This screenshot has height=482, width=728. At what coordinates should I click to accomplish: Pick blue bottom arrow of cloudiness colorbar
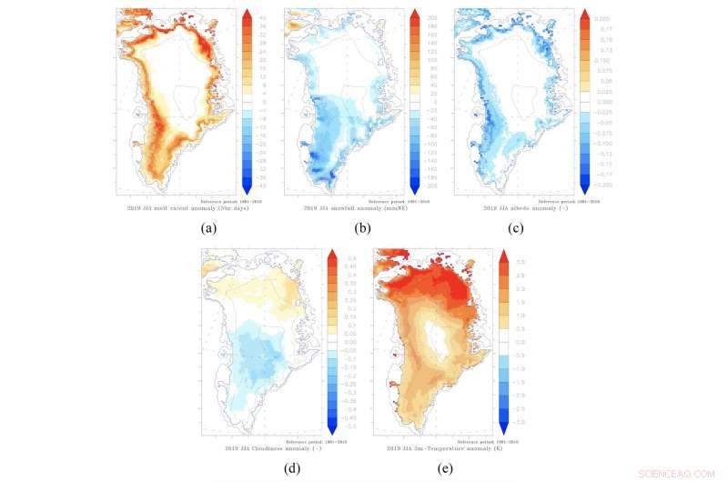coord(332,428)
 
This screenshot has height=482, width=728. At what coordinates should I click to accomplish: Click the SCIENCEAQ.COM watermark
coord(683,473)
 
